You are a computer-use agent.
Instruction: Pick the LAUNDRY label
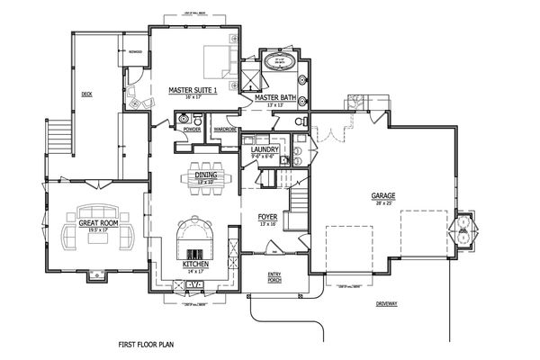tap(264, 149)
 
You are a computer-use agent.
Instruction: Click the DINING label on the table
tap(205, 175)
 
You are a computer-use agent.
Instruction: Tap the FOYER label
tap(268, 217)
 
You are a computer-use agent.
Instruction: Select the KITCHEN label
tap(195, 265)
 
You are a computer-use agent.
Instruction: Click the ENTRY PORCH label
tap(276, 276)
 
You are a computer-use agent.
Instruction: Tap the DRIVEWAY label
tap(387, 303)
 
